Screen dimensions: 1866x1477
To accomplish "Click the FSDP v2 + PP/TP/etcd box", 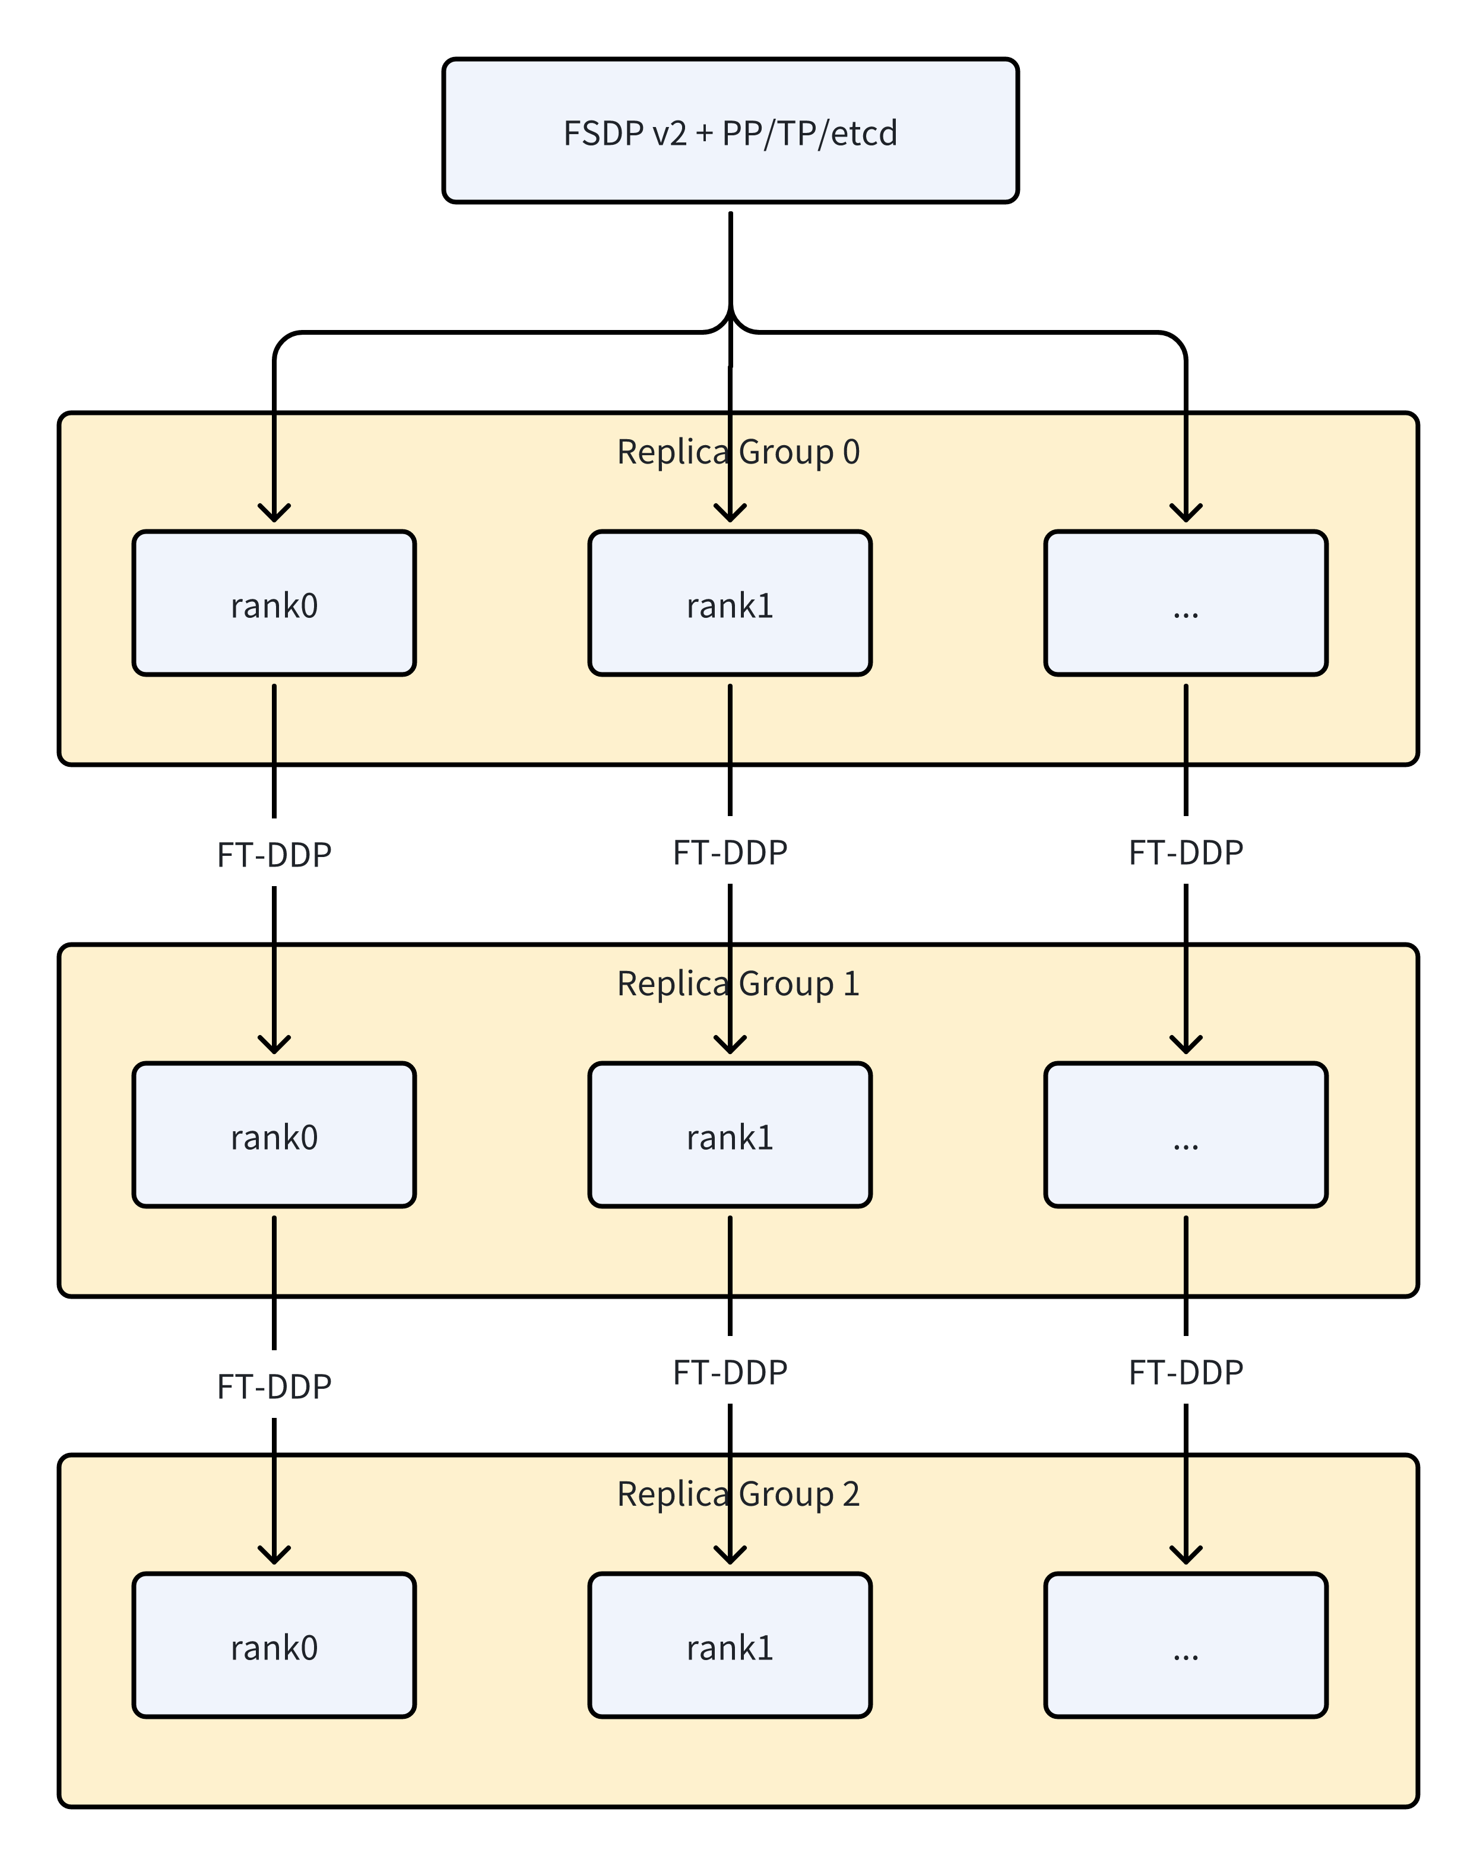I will [730, 131].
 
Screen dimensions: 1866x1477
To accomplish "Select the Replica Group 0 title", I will [738, 452].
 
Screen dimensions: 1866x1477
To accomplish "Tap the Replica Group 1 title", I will [738, 983].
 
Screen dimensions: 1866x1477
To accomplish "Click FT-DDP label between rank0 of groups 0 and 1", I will [274, 854].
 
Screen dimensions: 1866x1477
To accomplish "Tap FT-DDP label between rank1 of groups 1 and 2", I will [730, 1372].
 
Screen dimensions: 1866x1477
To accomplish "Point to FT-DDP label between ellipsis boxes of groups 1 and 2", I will [1186, 1372].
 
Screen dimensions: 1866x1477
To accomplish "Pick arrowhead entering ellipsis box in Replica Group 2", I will [1186, 1556].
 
